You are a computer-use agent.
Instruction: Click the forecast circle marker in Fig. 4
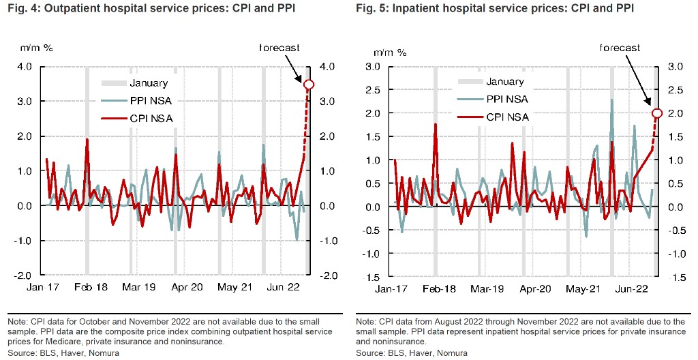pos(309,84)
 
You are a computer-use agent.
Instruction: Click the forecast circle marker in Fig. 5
pos(657,113)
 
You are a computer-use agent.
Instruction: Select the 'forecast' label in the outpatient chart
pos(279,48)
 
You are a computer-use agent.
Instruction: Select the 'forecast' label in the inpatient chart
pos(620,48)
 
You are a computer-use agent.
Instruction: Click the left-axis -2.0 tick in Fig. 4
pos(22,275)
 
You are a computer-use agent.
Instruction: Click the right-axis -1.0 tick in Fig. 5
pos(676,254)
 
